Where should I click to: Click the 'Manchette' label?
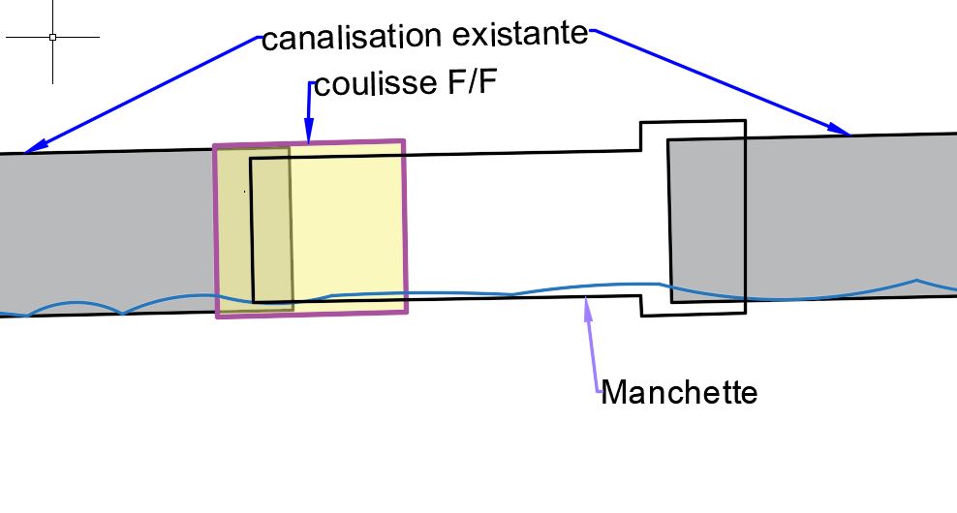678,393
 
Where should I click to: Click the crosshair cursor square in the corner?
52,37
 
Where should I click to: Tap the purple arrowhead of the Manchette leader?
585,309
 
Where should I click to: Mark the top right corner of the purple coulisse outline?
403,141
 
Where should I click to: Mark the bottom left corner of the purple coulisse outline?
218,316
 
